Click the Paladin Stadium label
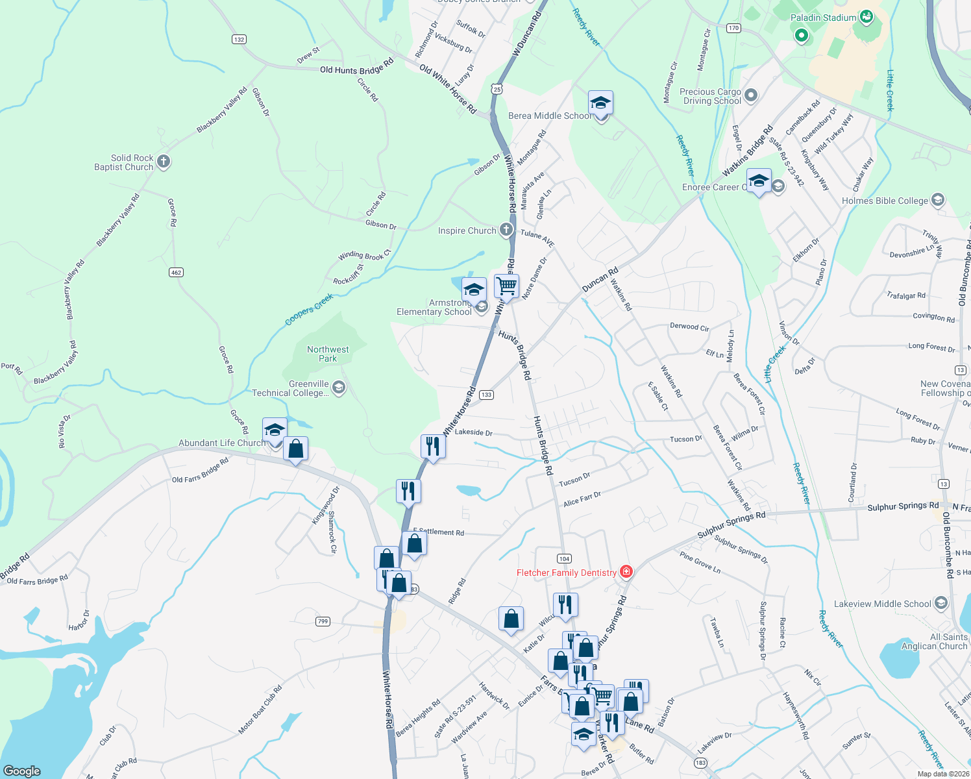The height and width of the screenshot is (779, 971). [x=823, y=18]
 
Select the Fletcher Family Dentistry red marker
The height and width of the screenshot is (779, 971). [x=626, y=571]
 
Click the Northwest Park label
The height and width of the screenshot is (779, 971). [x=328, y=354]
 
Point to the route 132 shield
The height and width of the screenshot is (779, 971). [x=239, y=40]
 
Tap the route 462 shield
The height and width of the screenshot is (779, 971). [x=176, y=273]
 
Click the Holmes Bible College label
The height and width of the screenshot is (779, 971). [x=885, y=201]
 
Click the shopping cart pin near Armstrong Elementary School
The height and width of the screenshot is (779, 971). [x=506, y=285]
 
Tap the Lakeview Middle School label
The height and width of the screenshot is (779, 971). [x=882, y=604]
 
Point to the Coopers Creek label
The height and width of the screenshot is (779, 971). [x=309, y=309]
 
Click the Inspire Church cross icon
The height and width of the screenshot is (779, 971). [x=506, y=230]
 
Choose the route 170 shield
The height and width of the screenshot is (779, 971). [x=733, y=28]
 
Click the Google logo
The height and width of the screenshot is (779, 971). [x=22, y=771]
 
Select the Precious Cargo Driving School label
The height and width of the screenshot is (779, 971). [x=710, y=96]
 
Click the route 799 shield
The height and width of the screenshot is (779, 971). [x=323, y=621]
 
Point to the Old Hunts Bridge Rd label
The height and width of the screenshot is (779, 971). [x=356, y=68]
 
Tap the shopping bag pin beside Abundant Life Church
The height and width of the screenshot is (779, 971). [x=295, y=449]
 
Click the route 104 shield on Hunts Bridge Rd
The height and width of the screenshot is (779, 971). [x=563, y=558]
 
